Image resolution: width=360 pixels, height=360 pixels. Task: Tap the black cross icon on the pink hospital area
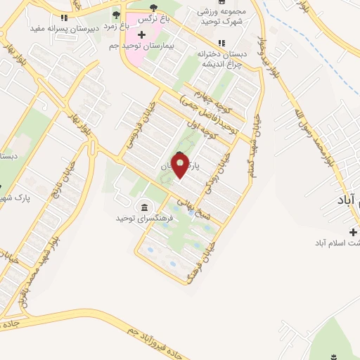click(142, 34)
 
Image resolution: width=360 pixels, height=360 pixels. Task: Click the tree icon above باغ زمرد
click(116, 14)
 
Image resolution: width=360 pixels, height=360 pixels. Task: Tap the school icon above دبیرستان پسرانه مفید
click(64, 18)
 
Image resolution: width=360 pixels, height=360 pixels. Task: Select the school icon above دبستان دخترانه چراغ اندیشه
click(222, 43)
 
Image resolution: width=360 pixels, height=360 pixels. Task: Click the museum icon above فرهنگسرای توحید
click(144, 207)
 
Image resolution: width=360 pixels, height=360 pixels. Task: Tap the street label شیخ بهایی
click(191, 205)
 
